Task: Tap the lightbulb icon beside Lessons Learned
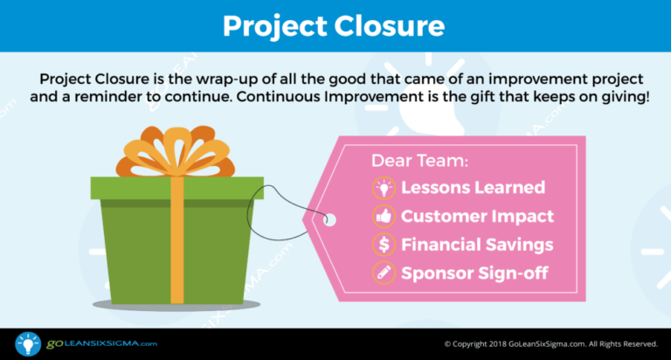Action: point(383,188)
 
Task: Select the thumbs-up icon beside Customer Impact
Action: point(383,216)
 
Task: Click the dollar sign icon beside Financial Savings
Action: point(383,244)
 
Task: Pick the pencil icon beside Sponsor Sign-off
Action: point(383,272)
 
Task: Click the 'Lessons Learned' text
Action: point(473,188)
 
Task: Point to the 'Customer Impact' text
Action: point(477,216)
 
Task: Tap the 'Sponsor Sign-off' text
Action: point(474,272)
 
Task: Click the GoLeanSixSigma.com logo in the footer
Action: point(79,343)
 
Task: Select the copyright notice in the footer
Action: point(550,344)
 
